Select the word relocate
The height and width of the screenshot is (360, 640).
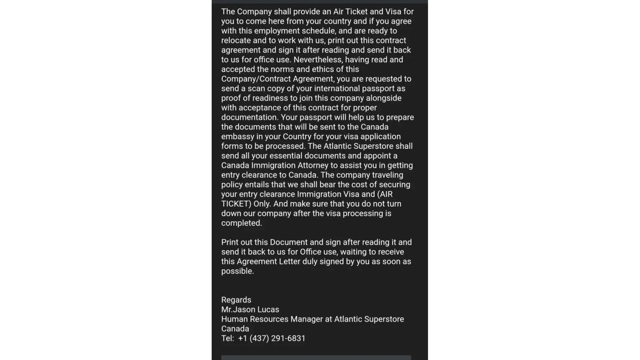pos(236,41)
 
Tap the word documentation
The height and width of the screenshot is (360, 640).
pos(249,117)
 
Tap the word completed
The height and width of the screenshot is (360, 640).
pos(241,223)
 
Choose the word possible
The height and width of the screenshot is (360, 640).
pos(237,271)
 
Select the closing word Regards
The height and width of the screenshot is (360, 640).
pos(236,300)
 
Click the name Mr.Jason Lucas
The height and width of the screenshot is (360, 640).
pos(250,310)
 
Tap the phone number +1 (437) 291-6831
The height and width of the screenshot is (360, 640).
pos(271,338)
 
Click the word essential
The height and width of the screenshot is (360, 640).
pos(286,156)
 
